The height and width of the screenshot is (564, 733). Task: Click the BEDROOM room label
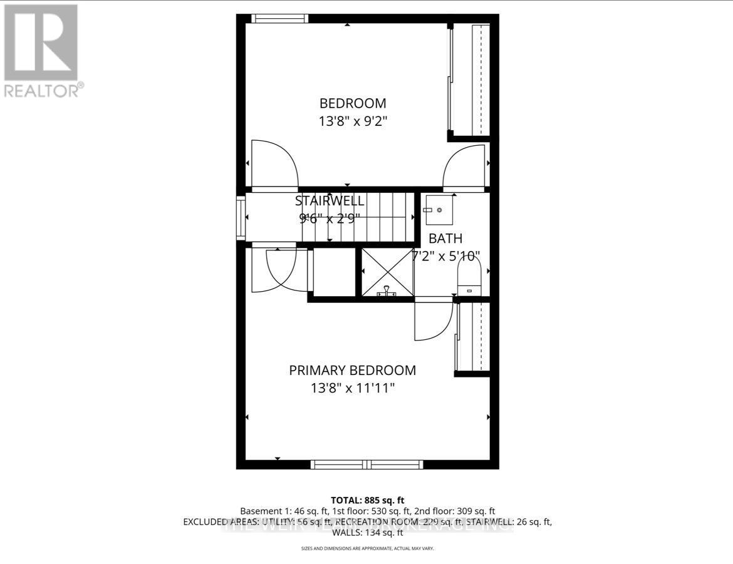coord(353,103)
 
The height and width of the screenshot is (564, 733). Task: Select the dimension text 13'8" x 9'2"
coord(353,121)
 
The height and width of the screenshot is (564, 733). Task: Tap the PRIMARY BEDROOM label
coord(352,371)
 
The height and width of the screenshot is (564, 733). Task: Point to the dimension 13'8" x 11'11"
coord(352,389)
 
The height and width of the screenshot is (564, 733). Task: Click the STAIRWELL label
coord(330,201)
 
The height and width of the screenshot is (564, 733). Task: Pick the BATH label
coord(445,238)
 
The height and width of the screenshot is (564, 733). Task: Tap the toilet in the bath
coord(468,277)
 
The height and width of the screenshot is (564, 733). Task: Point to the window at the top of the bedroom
coord(279,18)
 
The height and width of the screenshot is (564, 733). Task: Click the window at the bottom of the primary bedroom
coord(367,464)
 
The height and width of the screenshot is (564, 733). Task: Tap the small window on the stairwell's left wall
coord(241,218)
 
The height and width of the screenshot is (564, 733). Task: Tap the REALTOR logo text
coord(43,90)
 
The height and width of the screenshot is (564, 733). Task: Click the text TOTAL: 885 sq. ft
coord(366,500)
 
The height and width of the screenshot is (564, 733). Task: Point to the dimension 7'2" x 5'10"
coord(445,256)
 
